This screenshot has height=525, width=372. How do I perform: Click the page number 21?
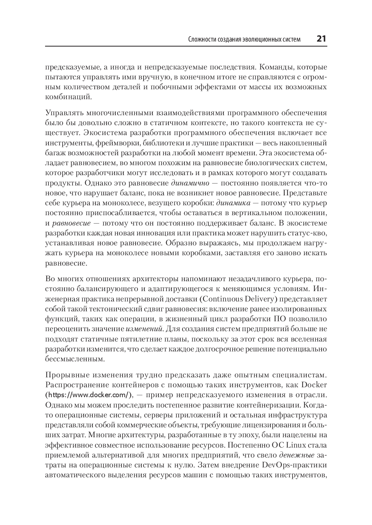point(321,39)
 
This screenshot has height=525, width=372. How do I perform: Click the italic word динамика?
point(233,203)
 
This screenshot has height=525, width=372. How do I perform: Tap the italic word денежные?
point(297,455)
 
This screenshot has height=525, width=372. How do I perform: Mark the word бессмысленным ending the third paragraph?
point(75,359)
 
